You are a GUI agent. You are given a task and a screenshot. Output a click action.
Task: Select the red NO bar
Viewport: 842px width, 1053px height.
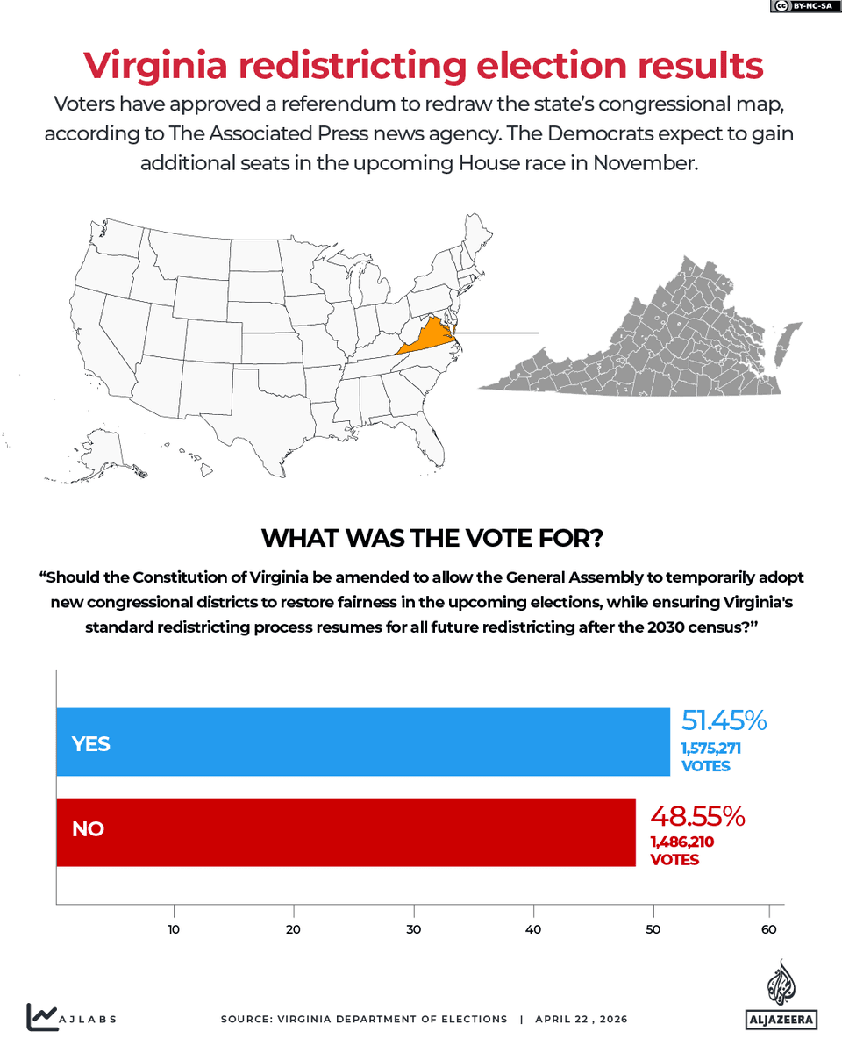346,832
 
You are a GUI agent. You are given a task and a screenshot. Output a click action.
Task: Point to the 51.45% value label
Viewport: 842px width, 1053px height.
724,721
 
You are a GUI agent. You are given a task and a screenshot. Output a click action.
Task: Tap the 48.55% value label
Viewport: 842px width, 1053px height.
697,816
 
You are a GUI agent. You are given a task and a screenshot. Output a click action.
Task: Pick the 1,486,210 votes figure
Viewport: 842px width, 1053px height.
681,842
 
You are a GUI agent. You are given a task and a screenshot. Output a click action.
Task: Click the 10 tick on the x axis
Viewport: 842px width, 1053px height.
174,929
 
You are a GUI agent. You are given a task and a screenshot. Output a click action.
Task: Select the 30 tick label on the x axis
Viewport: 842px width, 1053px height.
412,929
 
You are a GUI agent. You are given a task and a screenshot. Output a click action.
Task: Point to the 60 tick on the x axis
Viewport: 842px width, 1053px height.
769,929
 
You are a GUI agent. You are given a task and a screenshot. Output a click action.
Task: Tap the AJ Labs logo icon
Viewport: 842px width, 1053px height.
42,1017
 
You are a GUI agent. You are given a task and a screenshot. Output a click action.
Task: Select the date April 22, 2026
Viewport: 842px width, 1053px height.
582,1020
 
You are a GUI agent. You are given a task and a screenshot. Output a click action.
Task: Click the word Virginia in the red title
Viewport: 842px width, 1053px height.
158,66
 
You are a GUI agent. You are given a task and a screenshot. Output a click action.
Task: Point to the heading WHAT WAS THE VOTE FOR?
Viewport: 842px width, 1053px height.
432,538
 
